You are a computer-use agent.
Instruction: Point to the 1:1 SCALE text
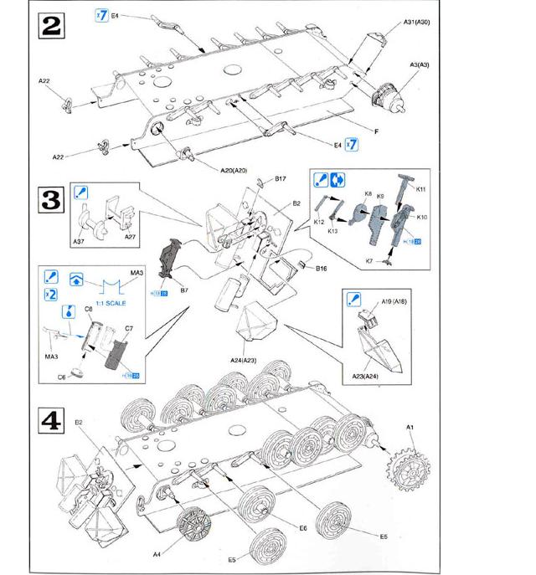coord(111,304)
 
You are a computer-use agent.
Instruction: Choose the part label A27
coord(130,238)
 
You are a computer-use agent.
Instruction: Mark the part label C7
coord(130,329)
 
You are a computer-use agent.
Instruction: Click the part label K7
coord(374,262)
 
